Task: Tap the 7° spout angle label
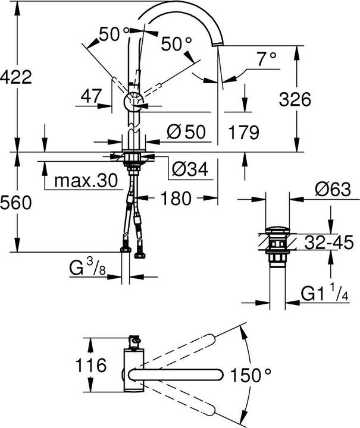tap(267, 58)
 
